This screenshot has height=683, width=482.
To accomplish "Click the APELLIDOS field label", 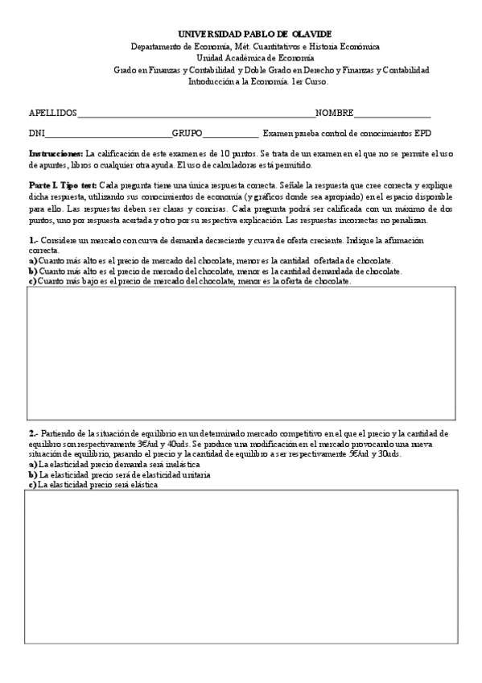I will pyautogui.click(x=53, y=113).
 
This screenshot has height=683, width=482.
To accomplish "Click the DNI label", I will pyautogui.click(x=37, y=134).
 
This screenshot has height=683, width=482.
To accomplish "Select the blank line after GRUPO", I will pyautogui.click(x=231, y=134).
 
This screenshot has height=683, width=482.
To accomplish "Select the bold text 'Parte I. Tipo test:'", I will pyautogui.click(x=63, y=184).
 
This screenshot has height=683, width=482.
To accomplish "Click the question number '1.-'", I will pyautogui.click(x=34, y=241).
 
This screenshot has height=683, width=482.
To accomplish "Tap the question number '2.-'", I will pyautogui.click(x=34, y=433).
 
